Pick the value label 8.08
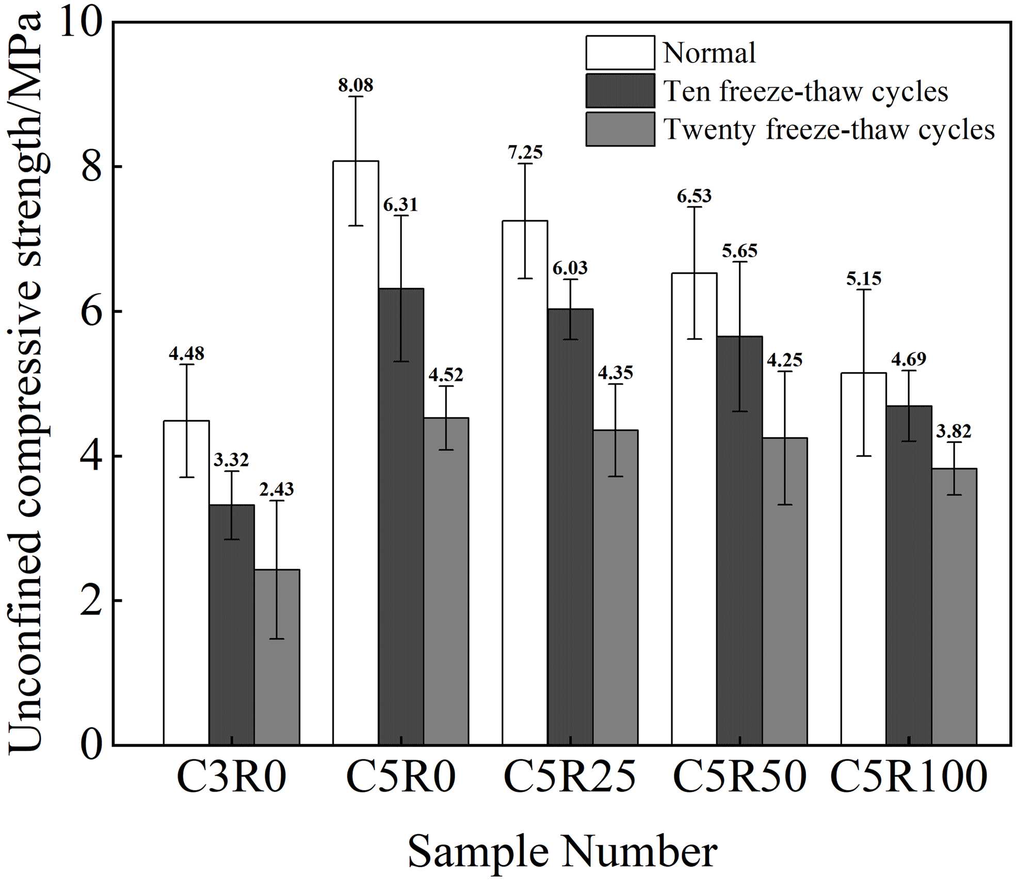(356, 85)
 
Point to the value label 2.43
(277, 489)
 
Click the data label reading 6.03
(570, 268)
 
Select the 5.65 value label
(739, 251)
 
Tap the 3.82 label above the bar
(954, 431)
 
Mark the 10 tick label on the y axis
(80, 23)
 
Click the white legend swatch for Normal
(620, 53)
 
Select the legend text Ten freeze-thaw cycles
(805, 92)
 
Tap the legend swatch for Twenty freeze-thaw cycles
(620, 129)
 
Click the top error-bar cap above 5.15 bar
(863, 290)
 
